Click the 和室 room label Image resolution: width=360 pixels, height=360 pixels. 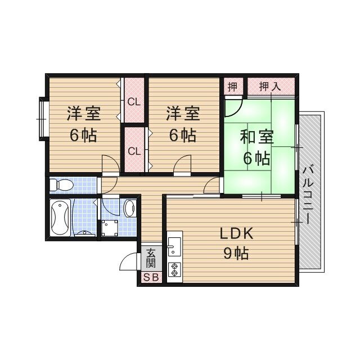pyautogui.click(x=257, y=137)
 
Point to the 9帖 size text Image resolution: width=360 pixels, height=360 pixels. pyautogui.click(x=236, y=253)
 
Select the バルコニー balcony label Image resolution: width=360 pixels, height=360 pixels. pyautogui.click(x=308, y=194)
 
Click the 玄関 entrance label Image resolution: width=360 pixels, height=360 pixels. pyautogui.click(x=151, y=259)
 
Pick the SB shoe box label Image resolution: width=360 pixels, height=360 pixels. pyautogui.click(x=151, y=277)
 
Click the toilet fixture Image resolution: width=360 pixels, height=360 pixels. pyautogui.click(x=61, y=184)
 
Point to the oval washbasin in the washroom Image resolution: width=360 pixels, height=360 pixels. pyautogui.click(x=129, y=208)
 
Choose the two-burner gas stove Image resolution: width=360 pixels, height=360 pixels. pyautogui.click(x=174, y=269)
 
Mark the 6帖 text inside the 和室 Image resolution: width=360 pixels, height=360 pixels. pyautogui.click(x=257, y=158)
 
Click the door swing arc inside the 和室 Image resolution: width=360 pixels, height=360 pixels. pyautogui.click(x=233, y=106)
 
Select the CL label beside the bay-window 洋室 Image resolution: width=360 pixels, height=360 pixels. pyautogui.click(x=133, y=102)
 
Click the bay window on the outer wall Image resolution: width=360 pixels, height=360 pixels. pyautogui.click(x=41, y=118)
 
